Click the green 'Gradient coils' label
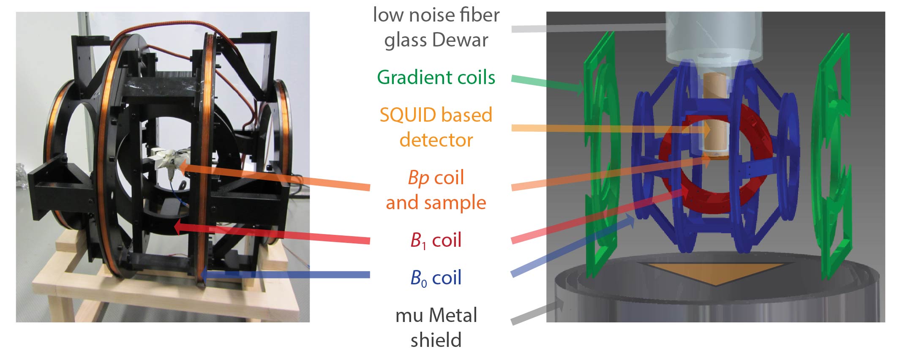coord(436,78)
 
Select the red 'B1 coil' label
coord(436,240)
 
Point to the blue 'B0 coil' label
coord(436,278)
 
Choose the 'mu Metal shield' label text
coord(436,327)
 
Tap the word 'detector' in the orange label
coord(436,140)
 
